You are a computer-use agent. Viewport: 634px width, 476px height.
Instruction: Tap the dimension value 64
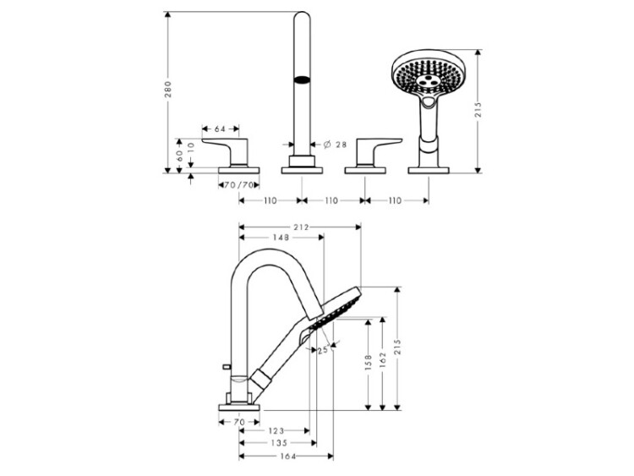pyautogui.click(x=219, y=129)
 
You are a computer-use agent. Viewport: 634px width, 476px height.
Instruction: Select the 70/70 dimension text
pyautogui.click(x=240, y=184)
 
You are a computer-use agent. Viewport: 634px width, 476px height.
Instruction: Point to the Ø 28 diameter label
pyautogui.click(x=335, y=145)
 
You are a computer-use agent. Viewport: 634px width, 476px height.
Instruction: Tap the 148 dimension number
pyautogui.click(x=281, y=238)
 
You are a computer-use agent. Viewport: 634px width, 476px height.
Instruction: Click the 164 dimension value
pyautogui.click(x=286, y=457)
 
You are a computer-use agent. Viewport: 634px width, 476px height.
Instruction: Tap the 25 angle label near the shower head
pyautogui.click(x=321, y=350)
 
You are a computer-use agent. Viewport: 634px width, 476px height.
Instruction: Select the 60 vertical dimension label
pyautogui.click(x=179, y=156)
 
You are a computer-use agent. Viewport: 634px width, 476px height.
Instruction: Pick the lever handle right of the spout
pyautogui.click(x=368, y=153)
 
